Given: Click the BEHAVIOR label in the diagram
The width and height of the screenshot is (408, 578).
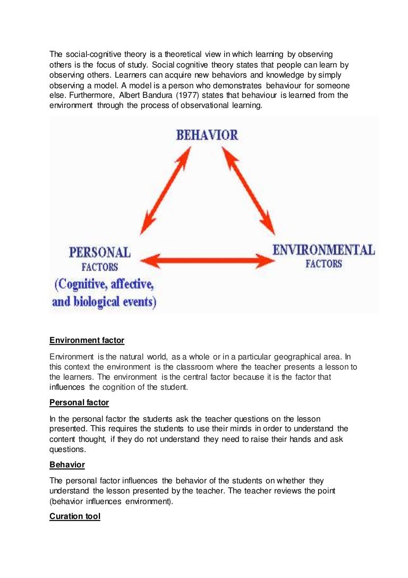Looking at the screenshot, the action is pos(207,135).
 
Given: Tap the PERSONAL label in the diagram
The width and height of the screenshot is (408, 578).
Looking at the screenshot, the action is pos(99,253).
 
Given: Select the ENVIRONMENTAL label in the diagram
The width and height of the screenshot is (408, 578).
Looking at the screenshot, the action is pos(324,250).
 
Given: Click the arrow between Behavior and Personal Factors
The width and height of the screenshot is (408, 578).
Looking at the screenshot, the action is pos(165,190).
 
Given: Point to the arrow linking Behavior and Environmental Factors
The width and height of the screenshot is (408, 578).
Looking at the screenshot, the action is pos(248,190).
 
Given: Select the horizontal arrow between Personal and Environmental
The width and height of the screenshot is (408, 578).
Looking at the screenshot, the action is pos(207,261).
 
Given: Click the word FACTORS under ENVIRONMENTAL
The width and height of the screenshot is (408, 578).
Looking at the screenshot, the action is pos(324,264).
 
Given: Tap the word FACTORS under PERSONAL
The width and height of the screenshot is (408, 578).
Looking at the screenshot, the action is pos(100,267).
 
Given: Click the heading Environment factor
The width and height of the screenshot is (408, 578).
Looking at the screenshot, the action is pos(87,340).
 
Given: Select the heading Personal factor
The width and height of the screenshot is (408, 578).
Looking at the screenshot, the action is pos(79,403).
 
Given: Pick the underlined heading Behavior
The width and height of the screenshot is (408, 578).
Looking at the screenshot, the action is pos(67,465).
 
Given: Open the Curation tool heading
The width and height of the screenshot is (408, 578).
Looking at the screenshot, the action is pos(75,516).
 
